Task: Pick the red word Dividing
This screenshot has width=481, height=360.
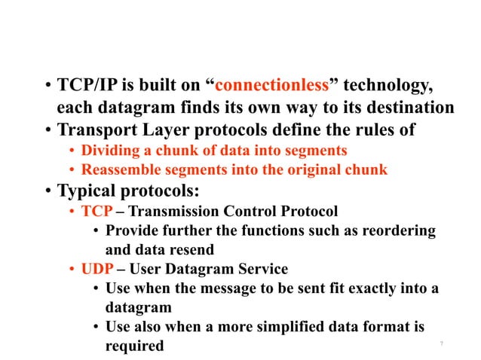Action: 108,150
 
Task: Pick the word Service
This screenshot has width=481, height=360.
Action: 265,269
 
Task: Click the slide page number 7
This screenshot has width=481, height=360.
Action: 441,344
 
